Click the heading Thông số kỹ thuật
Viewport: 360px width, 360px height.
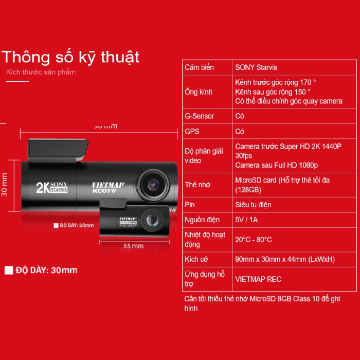pyautogui.click(x=71, y=56)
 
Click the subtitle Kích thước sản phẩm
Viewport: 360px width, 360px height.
pyautogui.click(x=41, y=72)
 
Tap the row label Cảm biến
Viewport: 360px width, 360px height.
pyautogui.click(x=200, y=67)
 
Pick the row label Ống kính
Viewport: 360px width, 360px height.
pyautogui.click(x=199, y=92)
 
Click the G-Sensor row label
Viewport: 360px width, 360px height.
pyautogui.click(x=200, y=116)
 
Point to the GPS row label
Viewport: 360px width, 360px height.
pyautogui.click(x=192, y=132)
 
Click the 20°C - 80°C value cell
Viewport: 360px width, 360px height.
pyautogui.click(x=254, y=240)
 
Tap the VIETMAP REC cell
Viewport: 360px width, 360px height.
pyautogui.click(x=258, y=279)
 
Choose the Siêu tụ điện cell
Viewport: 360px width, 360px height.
pyautogui.click(x=253, y=205)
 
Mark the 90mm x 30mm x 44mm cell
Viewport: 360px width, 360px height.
pyautogui.click(x=285, y=259)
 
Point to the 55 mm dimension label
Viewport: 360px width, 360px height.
pyautogui.click(x=134, y=246)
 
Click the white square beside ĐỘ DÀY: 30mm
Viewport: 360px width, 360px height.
pyautogui.click(x=8, y=271)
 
